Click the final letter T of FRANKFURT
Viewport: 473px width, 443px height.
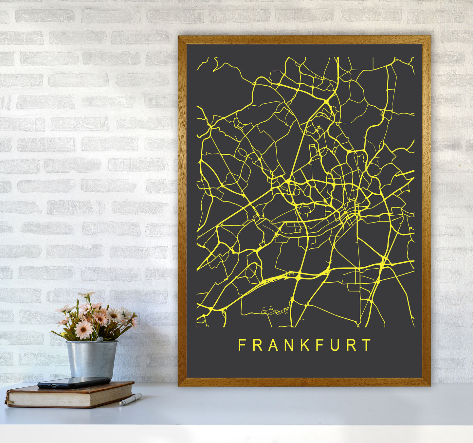coord(367,345)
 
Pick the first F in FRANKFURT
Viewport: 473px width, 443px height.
coord(242,345)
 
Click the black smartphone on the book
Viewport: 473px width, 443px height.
coord(74,382)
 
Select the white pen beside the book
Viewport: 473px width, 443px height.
coord(131,399)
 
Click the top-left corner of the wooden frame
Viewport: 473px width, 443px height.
coord(179,37)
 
